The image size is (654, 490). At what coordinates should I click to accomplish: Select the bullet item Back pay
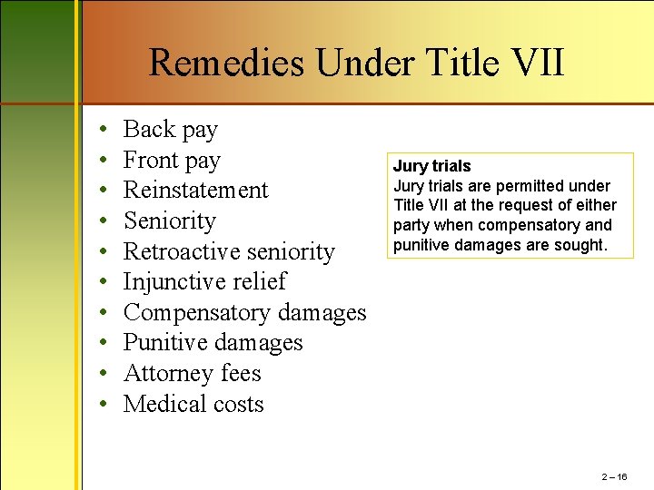(x=170, y=130)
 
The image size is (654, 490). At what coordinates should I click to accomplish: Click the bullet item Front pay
(x=172, y=161)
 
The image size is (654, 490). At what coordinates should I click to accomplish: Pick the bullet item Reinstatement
(x=195, y=191)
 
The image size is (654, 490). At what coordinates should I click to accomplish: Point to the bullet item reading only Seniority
(x=169, y=220)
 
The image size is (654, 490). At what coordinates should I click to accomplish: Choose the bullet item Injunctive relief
(x=204, y=282)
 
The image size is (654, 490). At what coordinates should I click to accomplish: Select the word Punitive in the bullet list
(x=164, y=343)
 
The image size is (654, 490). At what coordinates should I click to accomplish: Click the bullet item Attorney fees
(x=192, y=374)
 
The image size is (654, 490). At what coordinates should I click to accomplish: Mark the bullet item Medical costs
(x=193, y=405)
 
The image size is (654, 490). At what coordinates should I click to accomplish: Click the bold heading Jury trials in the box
(x=431, y=166)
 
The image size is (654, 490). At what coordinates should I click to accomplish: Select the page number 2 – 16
(x=614, y=476)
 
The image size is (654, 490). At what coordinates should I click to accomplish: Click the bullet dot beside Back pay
(x=105, y=131)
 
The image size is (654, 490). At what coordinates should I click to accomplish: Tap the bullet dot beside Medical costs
(x=105, y=406)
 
